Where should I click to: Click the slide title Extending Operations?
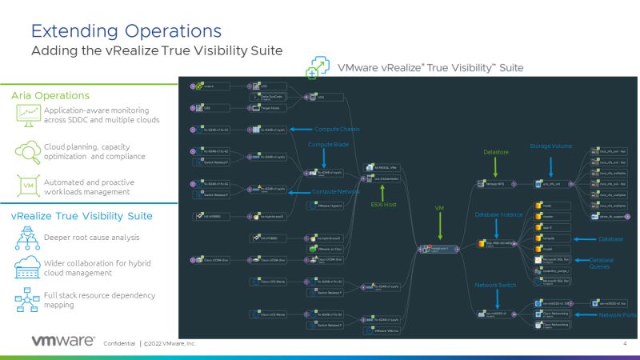click(126, 30)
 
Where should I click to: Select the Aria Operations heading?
click(50, 95)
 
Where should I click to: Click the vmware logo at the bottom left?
click(63, 342)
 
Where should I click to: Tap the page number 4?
click(623, 343)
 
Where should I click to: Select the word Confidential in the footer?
click(120, 343)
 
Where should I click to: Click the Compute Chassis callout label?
click(334, 129)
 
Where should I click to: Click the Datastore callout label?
click(496, 151)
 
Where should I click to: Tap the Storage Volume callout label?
click(551, 146)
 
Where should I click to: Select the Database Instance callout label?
click(498, 214)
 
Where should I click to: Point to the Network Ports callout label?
click(617, 314)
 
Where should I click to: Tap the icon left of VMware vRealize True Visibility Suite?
click(319, 67)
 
